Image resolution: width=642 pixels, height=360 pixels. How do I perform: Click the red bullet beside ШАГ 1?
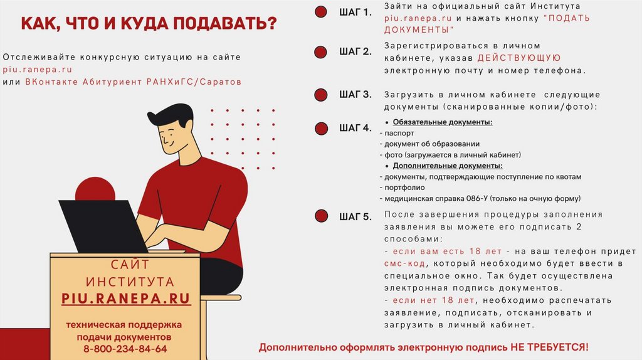click(321, 12)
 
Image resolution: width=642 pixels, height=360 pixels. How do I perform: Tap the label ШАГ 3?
click(355, 95)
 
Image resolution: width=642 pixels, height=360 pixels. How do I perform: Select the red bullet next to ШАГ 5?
click(322, 216)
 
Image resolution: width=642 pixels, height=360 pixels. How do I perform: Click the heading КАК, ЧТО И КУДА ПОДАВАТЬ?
click(149, 23)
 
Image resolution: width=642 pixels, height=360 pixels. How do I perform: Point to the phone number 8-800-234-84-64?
click(125, 349)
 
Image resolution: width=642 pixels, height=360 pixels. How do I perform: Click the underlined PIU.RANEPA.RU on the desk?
click(126, 299)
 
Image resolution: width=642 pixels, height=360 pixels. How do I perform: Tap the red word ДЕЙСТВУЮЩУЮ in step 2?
click(519, 58)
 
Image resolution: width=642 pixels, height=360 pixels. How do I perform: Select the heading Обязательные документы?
click(443, 122)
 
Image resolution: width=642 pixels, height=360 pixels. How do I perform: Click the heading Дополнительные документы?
click(448, 166)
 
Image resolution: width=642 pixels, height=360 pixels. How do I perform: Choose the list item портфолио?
click(404, 188)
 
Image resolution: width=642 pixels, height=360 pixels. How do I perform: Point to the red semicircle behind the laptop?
click(95, 189)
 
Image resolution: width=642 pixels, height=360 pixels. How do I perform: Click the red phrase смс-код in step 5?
click(404, 264)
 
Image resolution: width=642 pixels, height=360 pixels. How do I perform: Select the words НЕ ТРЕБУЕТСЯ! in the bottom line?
click(549, 347)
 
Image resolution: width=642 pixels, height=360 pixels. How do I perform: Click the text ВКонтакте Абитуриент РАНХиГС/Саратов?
click(133, 82)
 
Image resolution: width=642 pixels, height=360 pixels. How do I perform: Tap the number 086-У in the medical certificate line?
click(477, 199)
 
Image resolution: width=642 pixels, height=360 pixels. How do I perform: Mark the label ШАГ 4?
click(355, 128)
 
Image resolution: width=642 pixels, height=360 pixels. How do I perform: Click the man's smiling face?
click(172, 137)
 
